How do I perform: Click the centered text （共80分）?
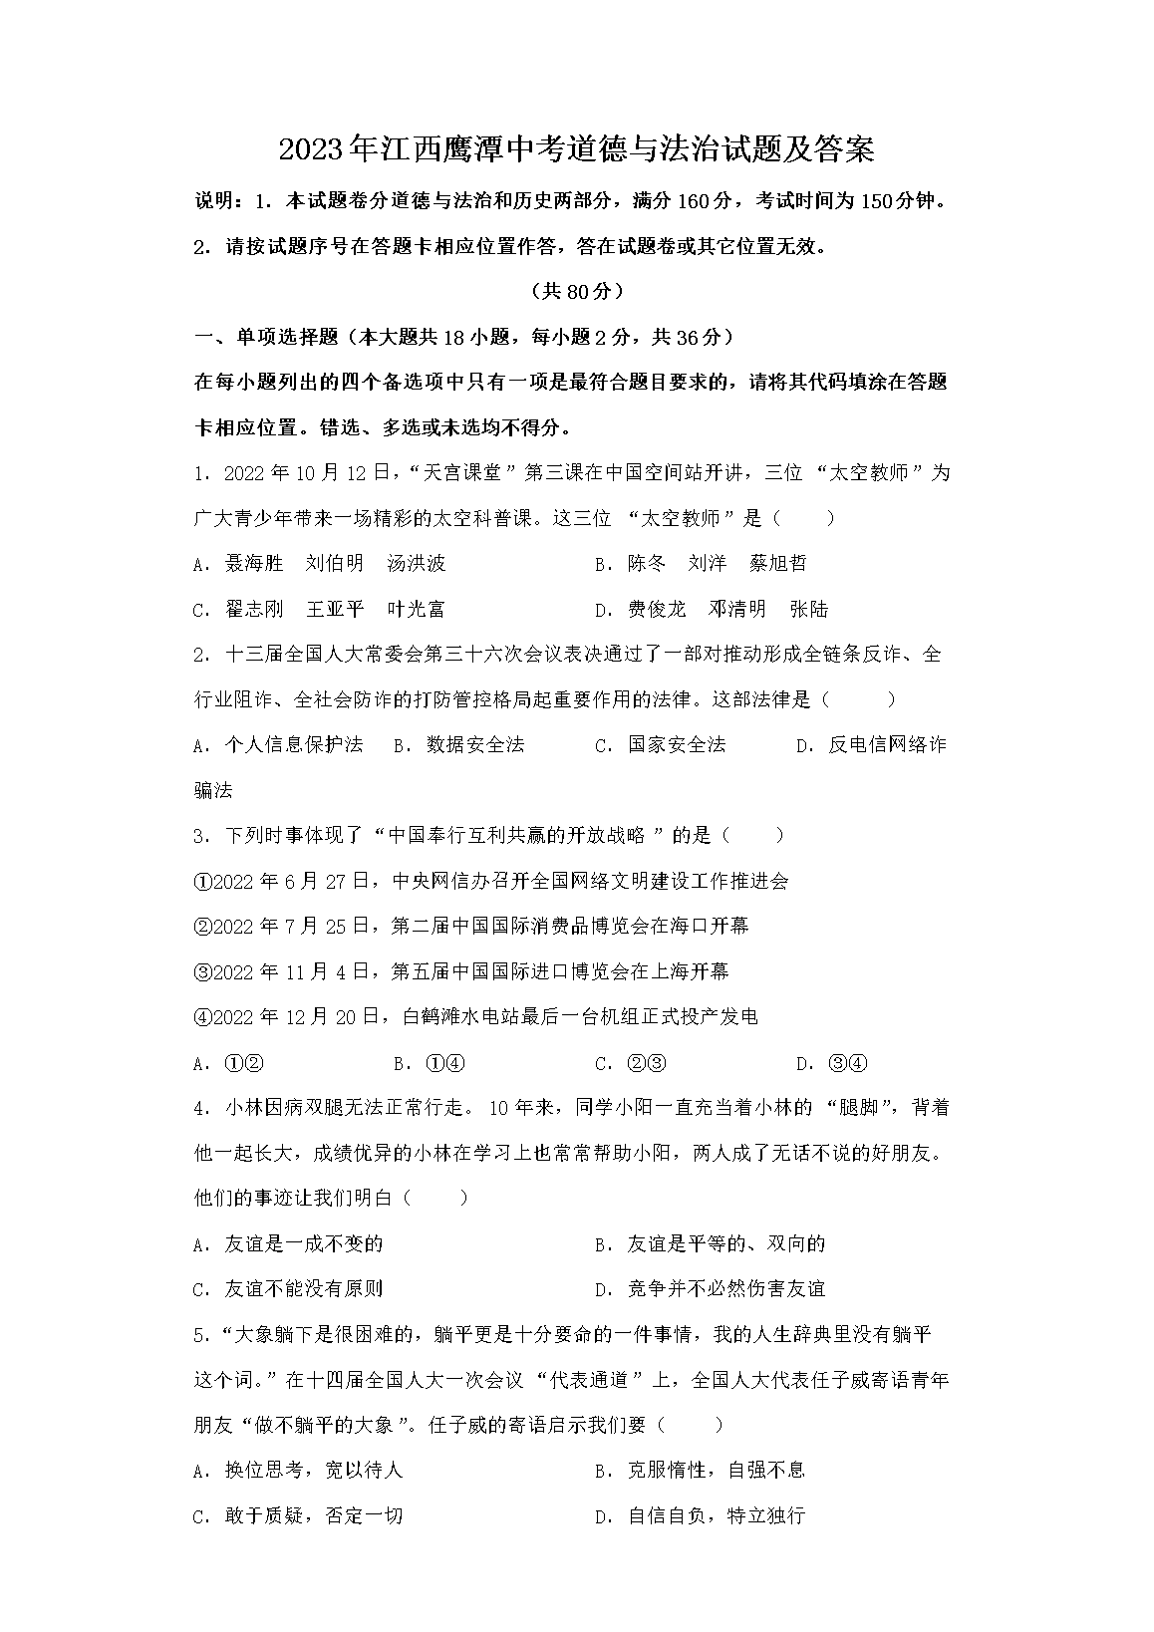coord(577,291)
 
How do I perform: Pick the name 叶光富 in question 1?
coord(416,609)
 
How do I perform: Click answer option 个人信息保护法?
coord(293,745)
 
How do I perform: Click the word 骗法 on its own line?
coord(212,790)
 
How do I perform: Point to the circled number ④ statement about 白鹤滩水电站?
coord(475,1016)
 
